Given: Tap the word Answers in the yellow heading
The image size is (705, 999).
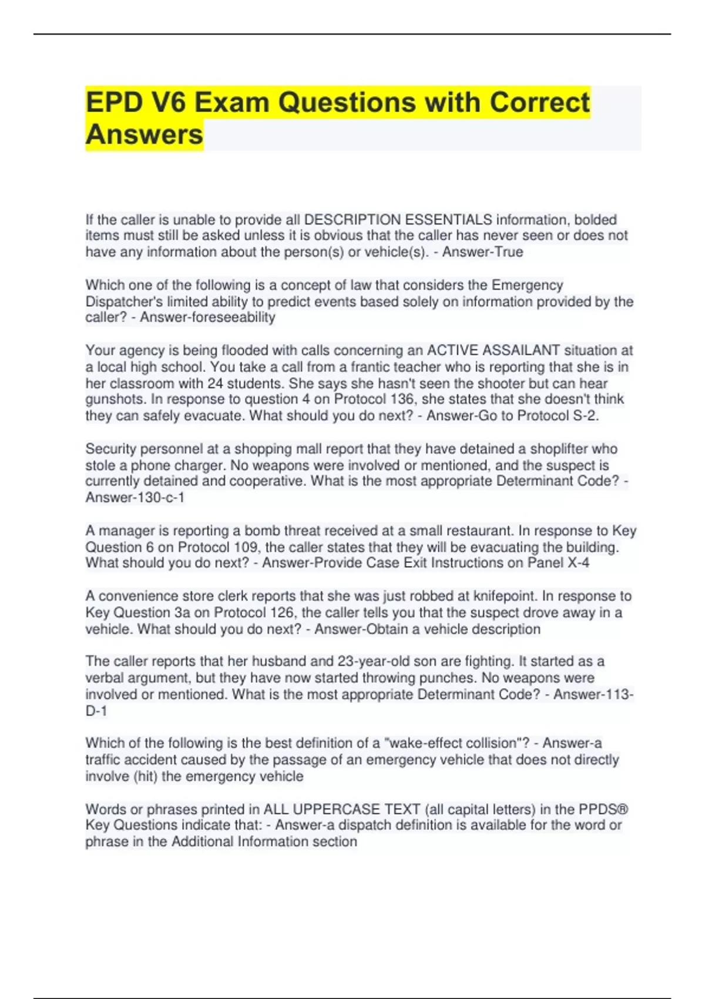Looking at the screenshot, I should [x=144, y=135].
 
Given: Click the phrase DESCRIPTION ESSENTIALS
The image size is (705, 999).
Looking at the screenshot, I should [x=398, y=220].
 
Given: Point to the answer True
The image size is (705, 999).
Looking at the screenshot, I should [x=509, y=252].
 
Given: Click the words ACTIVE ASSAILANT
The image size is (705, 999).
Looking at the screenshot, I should [x=493, y=351].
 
